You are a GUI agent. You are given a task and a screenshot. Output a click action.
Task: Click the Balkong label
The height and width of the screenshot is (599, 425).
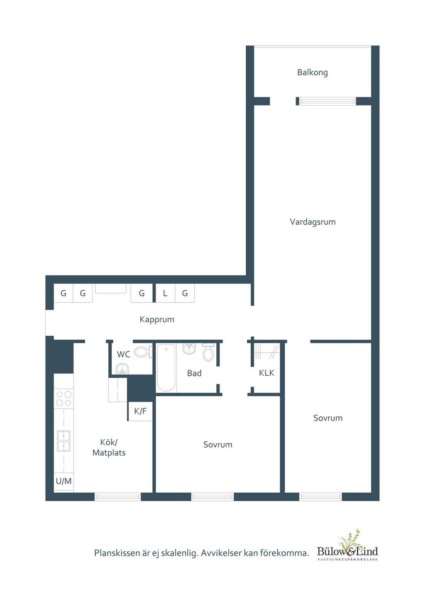click(313, 72)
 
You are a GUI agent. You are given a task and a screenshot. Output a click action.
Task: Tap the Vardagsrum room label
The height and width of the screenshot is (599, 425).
click(313, 222)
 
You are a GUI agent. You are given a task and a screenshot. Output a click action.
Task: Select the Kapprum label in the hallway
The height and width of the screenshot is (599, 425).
click(157, 320)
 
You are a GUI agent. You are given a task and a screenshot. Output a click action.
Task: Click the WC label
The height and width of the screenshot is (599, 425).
click(123, 354)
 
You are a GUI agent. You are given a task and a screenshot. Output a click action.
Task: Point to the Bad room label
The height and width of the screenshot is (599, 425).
click(194, 373)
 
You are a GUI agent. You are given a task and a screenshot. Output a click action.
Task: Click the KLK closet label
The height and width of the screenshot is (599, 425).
click(266, 373)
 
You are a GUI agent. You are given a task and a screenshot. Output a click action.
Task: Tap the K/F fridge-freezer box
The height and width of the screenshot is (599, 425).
click(140, 411)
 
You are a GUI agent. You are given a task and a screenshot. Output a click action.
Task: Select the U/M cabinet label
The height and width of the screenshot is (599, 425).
click(64, 481)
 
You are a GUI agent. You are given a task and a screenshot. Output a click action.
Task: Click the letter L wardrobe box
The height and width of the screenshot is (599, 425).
click(165, 293)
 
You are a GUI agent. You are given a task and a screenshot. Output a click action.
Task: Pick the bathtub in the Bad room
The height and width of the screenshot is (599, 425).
click(166, 368)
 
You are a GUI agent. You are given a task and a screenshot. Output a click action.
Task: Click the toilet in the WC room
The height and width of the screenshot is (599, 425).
click(143, 352)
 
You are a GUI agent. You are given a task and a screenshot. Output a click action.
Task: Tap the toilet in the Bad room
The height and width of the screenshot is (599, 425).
click(208, 352)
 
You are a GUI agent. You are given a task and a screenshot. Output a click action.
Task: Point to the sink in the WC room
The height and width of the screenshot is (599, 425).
click(122, 369)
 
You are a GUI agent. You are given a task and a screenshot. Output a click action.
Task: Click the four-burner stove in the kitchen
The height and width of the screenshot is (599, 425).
click(64, 399)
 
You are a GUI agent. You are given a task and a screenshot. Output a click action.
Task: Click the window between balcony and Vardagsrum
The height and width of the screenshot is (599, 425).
click(327, 101)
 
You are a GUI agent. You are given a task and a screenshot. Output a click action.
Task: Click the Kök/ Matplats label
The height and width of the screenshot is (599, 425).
click(109, 447)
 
